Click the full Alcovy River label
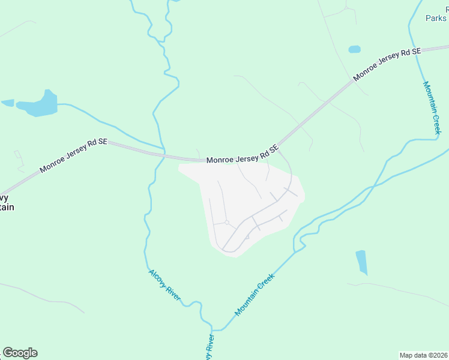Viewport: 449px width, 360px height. click(165, 286)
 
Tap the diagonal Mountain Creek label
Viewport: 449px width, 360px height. click(255, 295)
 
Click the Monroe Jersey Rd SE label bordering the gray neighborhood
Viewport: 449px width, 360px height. click(243, 154)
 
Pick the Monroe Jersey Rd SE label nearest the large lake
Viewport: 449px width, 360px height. click(73, 155)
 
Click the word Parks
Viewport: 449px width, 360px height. click(436, 19)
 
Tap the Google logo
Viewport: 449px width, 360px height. click(20, 353)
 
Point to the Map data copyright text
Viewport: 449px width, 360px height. click(424, 355)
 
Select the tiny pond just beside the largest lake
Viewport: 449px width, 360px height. click(8, 103)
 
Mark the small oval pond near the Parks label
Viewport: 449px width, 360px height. click(355, 49)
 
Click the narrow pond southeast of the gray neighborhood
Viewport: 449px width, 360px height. click(361, 262)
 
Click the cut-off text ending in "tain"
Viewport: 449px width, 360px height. click(6, 207)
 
